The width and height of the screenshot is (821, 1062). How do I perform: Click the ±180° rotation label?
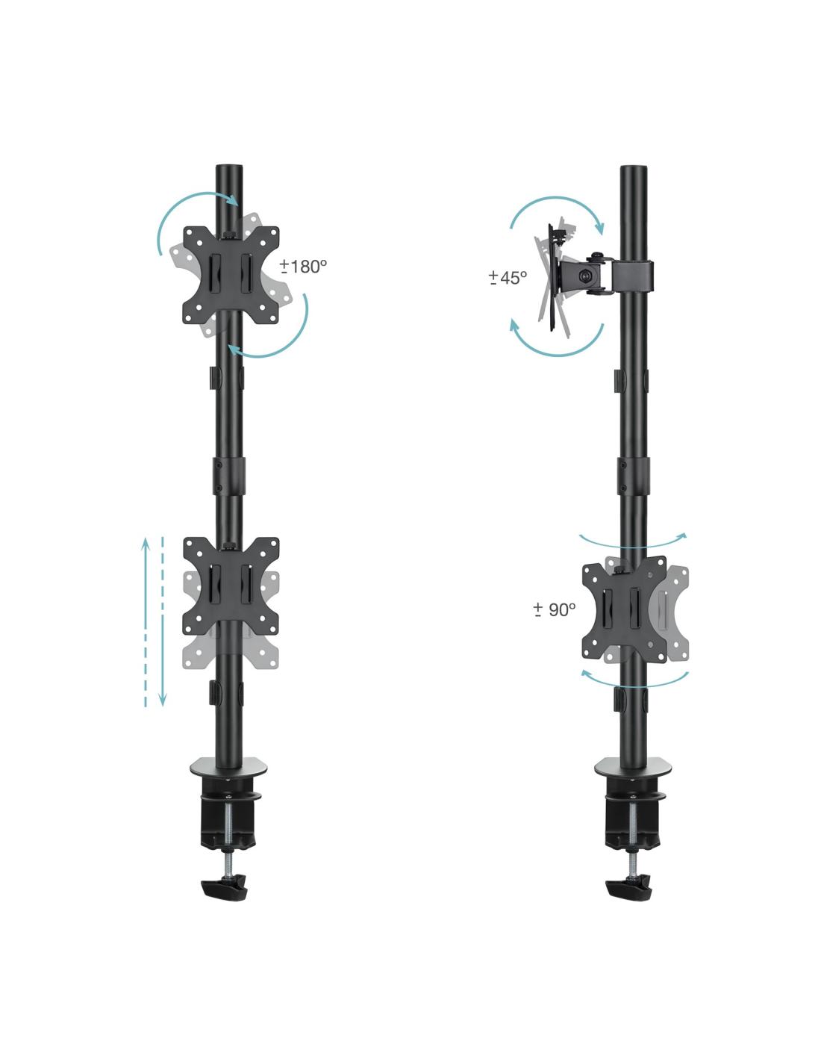(303, 267)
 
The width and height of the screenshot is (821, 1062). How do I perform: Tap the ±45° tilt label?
(508, 278)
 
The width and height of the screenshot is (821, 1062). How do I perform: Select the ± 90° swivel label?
(555, 609)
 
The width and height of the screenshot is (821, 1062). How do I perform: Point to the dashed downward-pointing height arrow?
(163, 621)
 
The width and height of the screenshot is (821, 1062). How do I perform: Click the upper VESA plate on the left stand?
(231, 274)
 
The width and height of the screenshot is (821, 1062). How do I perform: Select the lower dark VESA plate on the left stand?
(231, 586)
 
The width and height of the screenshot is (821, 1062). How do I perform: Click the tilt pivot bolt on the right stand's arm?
(584, 276)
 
